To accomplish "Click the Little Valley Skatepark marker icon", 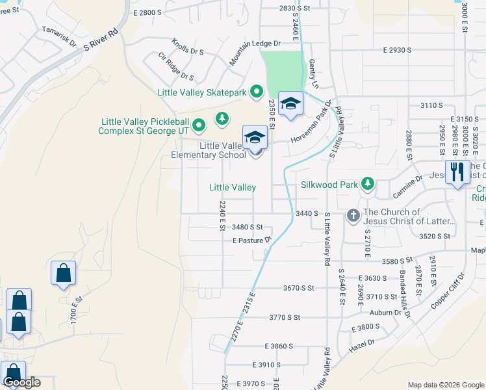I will point(257,92).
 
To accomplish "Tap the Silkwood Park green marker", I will point(368,185).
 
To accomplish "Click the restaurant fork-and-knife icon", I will point(457,172).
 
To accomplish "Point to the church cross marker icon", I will point(353,215).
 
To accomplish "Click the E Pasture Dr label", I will point(251,240).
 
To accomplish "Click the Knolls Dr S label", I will point(188,48).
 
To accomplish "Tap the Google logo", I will point(21,382).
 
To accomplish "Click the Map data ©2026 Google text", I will point(445,384).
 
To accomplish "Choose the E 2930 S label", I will point(398,49).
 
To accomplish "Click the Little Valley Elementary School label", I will point(209,150).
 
